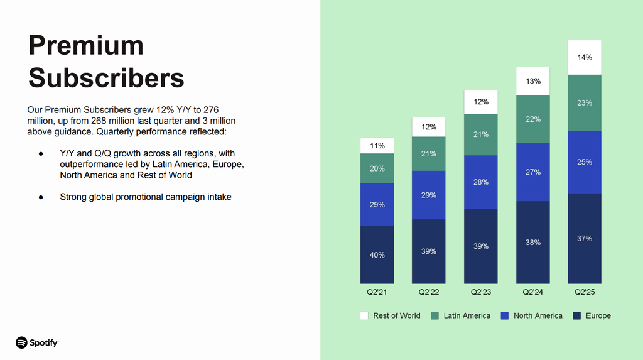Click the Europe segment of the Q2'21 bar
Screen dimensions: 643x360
tap(377, 254)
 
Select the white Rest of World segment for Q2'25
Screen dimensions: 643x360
tap(585, 57)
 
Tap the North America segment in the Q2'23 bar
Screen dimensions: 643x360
tap(480, 182)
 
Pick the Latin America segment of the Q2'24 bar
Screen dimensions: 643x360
tap(532, 119)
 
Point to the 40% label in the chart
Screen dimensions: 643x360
tap(377, 255)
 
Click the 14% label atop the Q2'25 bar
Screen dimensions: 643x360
tap(585, 57)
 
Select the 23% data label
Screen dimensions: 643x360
tap(585, 102)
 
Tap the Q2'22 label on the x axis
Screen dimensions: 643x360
tap(428, 292)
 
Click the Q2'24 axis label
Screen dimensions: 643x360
tap(532, 292)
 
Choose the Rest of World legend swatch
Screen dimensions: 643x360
tap(364, 315)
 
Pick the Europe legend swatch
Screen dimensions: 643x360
tap(577, 315)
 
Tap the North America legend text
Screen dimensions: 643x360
tap(538, 315)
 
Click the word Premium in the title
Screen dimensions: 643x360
tap(86, 45)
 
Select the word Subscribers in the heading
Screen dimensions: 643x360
tap(106, 78)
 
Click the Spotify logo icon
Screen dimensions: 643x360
tap(22, 342)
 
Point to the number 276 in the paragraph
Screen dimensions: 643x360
tap(211, 110)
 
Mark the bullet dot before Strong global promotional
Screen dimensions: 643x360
tap(41, 197)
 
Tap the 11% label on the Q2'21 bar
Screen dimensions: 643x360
tap(377, 146)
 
